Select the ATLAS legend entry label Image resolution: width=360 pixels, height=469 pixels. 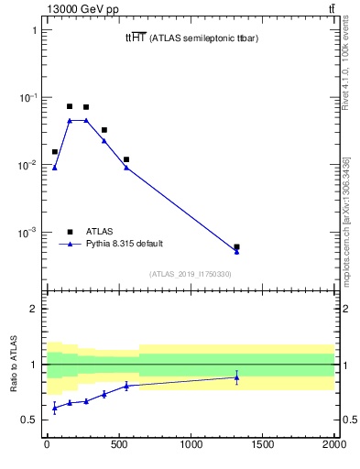coord(100,232)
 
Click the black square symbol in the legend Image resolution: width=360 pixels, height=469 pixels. coord(70,232)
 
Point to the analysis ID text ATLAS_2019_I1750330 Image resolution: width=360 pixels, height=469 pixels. coord(191,274)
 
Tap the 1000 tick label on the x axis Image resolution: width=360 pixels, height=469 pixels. coord(191,451)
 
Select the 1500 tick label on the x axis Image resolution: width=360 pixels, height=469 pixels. coord(262,451)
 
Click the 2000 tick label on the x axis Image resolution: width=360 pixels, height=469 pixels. coord(334,451)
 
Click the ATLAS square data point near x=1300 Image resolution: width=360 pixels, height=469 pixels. coord(236,246)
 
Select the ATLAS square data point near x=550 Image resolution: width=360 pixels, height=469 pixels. coord(125,159)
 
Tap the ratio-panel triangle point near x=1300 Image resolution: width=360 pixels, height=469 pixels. coord(236,376)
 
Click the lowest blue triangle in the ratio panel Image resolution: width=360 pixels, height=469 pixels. coord(54,408)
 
